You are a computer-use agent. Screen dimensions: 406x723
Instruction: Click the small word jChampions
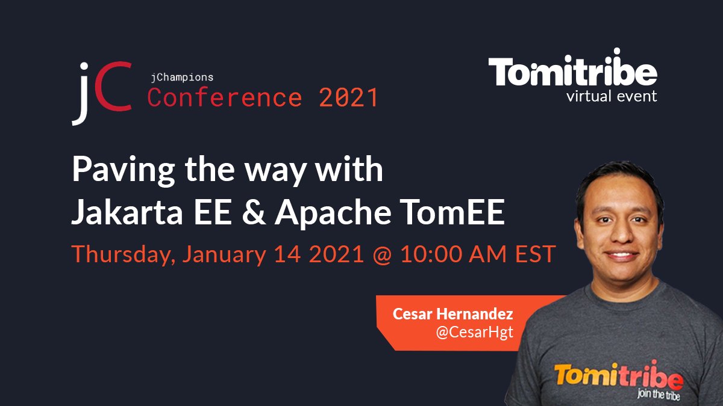(181, 77)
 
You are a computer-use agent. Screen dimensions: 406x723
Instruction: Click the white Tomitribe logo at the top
(572, 72)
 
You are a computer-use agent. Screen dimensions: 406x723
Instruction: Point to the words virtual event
(612, 96)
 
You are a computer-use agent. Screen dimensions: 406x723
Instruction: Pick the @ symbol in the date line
(384, 254)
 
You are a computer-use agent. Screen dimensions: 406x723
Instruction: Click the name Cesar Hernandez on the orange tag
(453, 314)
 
